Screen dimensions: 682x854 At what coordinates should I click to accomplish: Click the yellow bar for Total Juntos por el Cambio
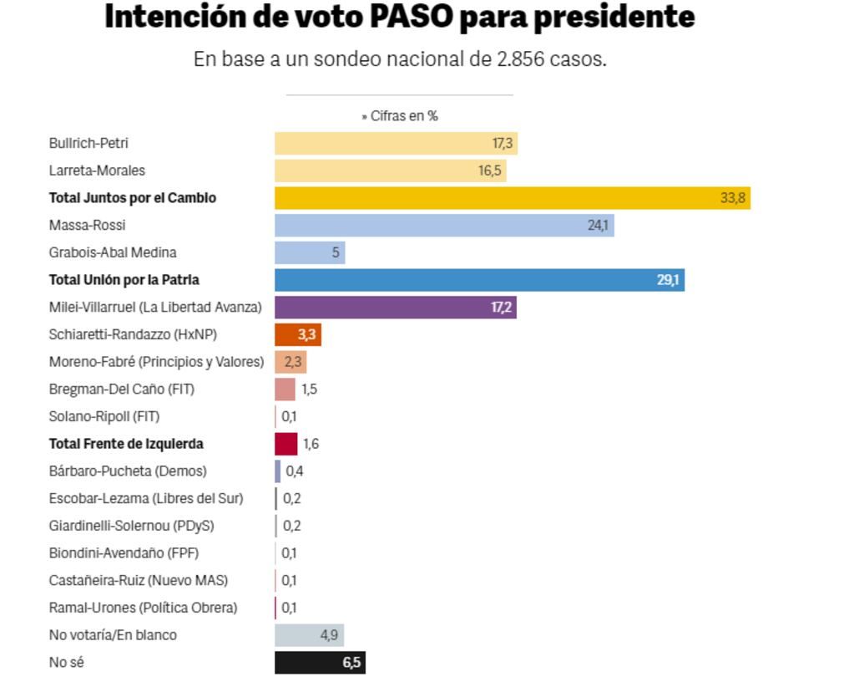point(512,198)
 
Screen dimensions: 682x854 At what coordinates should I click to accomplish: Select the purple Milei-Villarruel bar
point(395,308)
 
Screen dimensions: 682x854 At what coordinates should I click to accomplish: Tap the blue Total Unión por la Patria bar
point(479,280)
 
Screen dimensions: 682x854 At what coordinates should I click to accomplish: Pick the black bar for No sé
point(320,663)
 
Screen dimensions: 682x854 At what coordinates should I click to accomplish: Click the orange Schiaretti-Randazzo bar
point(297,335)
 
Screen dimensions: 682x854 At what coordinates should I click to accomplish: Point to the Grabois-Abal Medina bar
point(309,252)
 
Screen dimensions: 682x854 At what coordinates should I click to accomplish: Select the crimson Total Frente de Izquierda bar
point(286,444)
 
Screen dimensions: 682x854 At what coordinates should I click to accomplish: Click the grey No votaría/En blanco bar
point(309,635)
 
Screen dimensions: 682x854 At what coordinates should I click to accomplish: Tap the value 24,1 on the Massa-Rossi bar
point(598,226)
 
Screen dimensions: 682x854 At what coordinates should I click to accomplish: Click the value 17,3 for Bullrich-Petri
point(503,144)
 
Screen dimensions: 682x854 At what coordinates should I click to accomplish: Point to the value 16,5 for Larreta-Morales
point(490,170)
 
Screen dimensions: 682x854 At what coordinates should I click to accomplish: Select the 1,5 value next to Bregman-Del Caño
point(309,389)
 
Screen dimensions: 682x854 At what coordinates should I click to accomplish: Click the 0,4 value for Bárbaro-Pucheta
point(295,471)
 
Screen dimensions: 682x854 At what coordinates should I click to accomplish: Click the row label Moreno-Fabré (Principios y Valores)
point(156,362)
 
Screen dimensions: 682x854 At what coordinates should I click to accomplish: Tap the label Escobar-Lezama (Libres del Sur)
point(146,499)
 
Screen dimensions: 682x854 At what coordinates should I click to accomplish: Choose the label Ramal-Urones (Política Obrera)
point(143,608)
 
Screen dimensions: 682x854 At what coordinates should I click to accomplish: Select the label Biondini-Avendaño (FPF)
point(124,553)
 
